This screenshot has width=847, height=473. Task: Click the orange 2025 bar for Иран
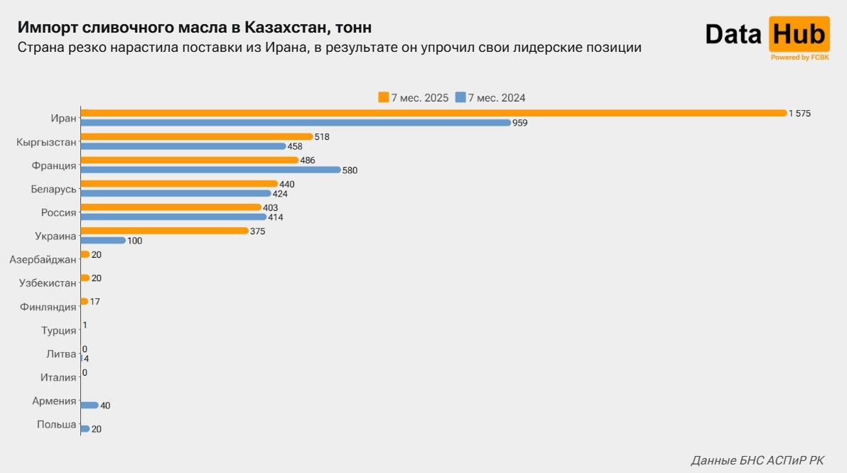point(433,113)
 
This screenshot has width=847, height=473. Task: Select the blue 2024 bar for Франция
point(211,170)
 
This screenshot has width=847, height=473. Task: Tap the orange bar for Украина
point(164,231)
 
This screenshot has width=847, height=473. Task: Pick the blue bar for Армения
point(90,406)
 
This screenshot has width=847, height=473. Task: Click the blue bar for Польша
point(85,429)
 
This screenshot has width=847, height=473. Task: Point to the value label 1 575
point(799,114)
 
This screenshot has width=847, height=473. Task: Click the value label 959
point(520,123)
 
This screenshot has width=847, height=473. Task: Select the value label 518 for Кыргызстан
point(322,136)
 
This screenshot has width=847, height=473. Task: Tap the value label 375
point(258,231)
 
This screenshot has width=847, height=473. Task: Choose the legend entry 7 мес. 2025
point(414,98)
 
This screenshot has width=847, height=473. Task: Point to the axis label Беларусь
point(53,189)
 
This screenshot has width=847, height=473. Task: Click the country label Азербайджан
point(43,260)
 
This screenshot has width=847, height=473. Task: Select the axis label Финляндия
point(48,307)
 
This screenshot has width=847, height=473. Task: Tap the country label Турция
point(58,330)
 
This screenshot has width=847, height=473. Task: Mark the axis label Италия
point(58,377)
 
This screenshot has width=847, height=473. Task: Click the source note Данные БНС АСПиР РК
point(757,460)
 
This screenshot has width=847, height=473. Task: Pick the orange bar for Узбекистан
point(85,278)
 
